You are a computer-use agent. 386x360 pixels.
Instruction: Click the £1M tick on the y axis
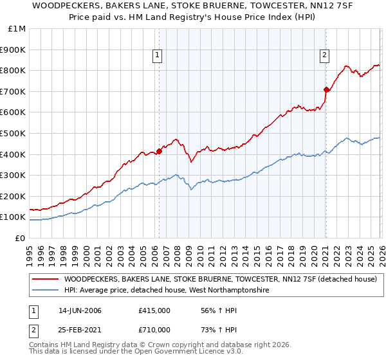pyautogui.click(x=17, y=29)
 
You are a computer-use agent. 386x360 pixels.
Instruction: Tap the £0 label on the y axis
pyautogui.click(x=21, y=238)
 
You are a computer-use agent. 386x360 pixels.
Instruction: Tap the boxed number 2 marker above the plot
pyautogui.click(x=325, y=56)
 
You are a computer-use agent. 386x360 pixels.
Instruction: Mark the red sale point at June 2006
pyautogui.click(x=159, y=152)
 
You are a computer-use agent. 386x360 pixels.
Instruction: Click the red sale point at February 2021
pyautogui.click(x=326, y=90)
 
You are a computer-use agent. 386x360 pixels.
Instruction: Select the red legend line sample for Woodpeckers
pyautogui.click(x=45, y=280)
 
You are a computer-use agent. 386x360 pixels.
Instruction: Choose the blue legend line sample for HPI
pyautogui.click(x=45, y=291)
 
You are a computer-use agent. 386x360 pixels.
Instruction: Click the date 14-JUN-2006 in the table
pyautogui.click(x=80, y=311)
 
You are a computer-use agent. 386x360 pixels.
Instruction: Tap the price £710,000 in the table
pyautogui.click(x=154, y=329)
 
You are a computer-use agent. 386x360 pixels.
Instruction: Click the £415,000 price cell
pyautogui.click(x=154, y=311)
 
